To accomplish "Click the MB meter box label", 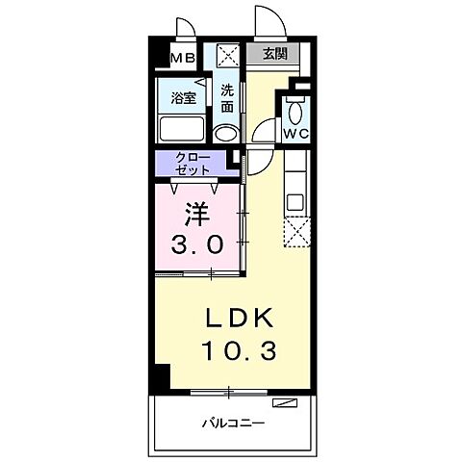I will (183, 59).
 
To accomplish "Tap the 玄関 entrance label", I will (274, 54).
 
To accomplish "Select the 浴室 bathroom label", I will (184, 98).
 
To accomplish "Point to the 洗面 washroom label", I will (226, 98).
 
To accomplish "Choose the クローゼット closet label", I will (193, 163).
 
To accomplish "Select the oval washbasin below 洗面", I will (225, 133).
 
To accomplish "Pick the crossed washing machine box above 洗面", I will (226, 55).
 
